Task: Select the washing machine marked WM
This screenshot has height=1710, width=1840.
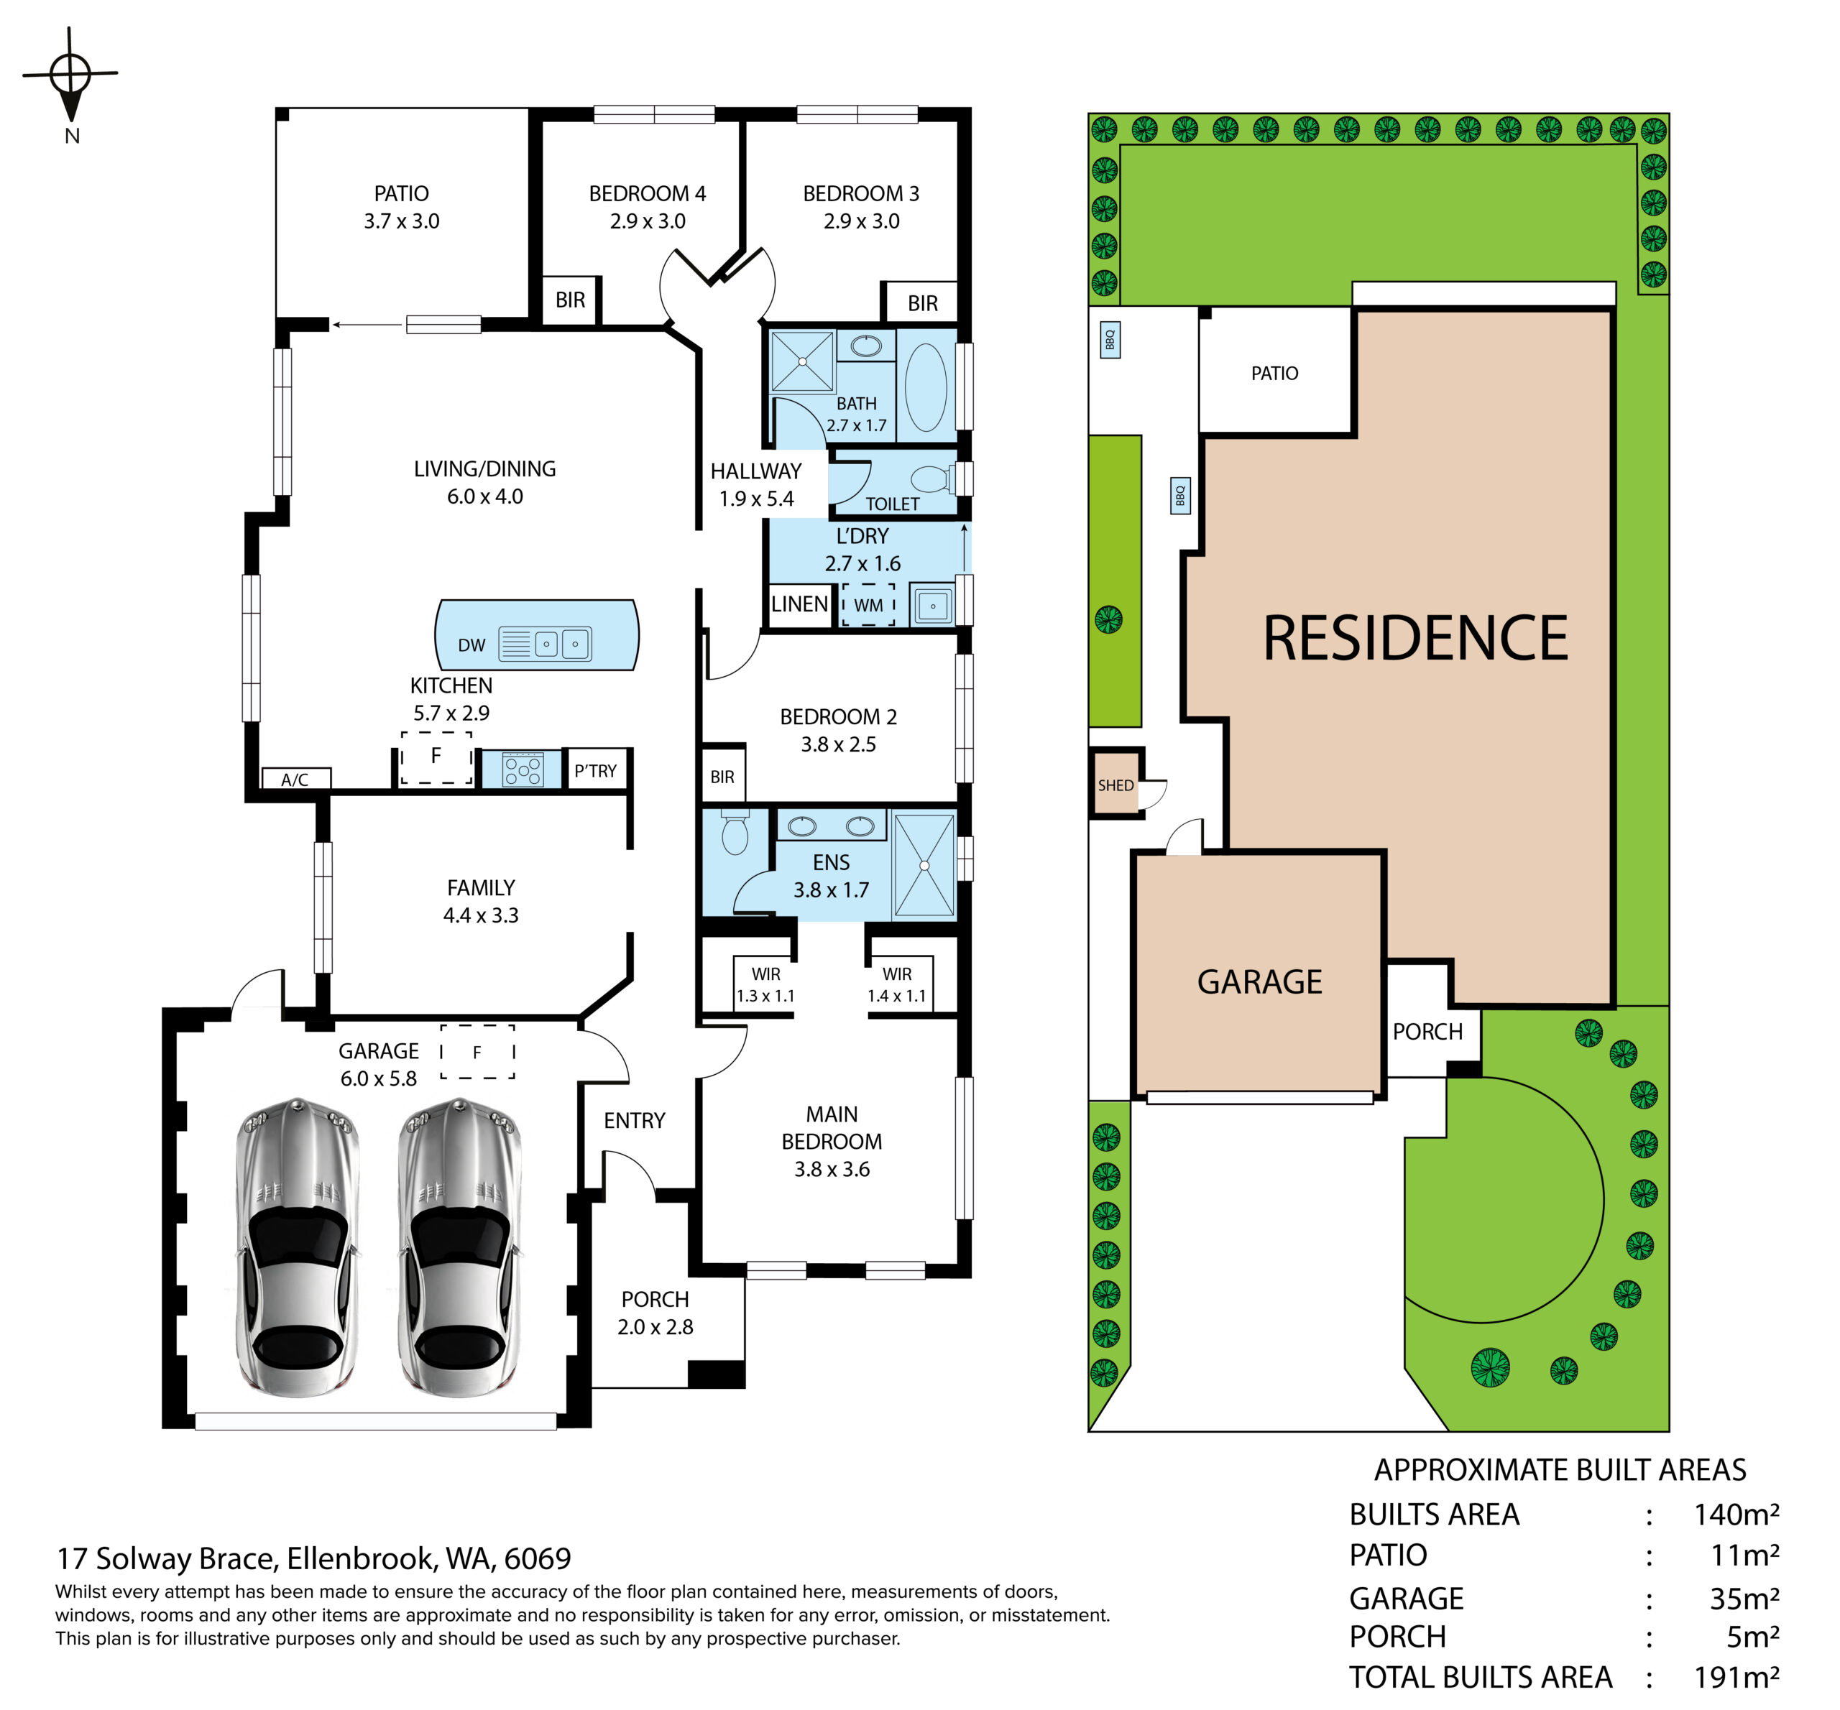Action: (x=868, y=605)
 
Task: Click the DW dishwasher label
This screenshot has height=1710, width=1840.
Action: (x=471, y=645)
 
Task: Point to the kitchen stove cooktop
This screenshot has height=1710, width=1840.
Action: (x=522, y=769)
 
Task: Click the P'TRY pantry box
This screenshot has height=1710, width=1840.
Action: (x=596, y=770)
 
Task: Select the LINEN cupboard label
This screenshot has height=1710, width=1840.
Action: (x=800, y=604)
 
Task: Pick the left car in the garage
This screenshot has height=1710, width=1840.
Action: (x=298, y=1247)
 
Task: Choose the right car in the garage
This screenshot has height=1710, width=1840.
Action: (x=460, y=1247)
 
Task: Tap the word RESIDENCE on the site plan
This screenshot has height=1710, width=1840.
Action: (x=1415, y=639)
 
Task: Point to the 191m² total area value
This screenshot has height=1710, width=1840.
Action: (x=1736, y=1678)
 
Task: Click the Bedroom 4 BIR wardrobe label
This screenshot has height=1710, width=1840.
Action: (x=570, y=300)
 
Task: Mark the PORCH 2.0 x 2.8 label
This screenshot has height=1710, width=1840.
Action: (x=655, y=1313)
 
